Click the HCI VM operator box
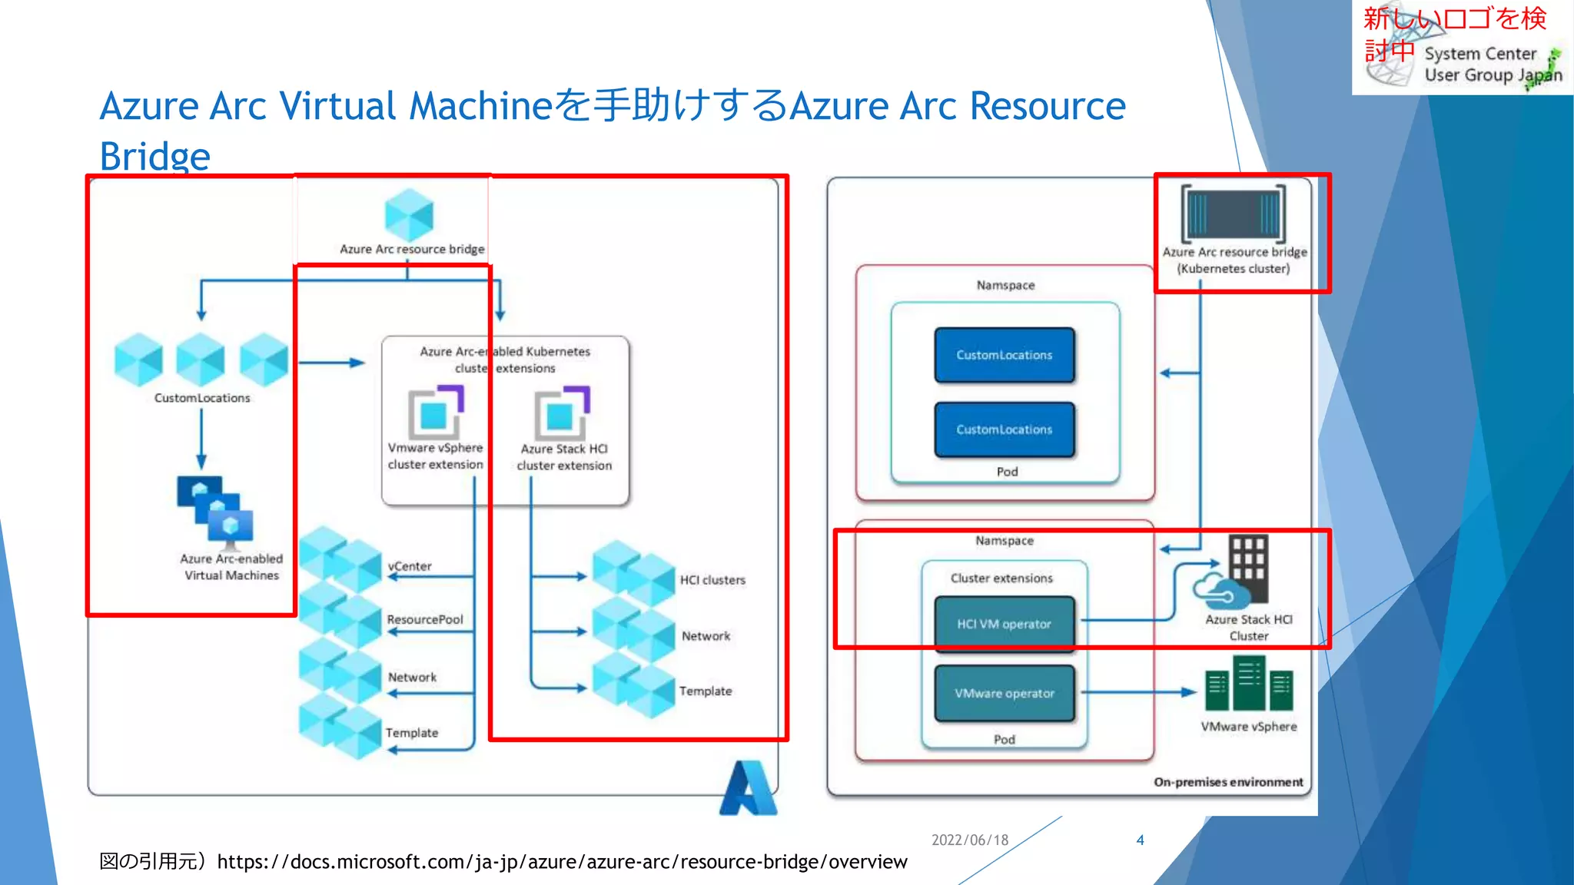pos(1005,623)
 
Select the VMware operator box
pos(1005,693)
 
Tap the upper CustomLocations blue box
pos(1005,355)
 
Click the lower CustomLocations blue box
pos(1005,429)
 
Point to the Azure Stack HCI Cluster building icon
pos(1247,569)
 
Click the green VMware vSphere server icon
pos(1249,683)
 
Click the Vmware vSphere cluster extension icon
pos(436,412)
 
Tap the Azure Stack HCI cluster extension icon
pos(562,413)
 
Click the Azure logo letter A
pos(748,788)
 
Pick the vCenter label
pos(410,566)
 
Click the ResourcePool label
pos(425,619)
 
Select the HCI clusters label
pos(712,580)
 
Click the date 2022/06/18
pos(970,840)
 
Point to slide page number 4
pos(1140,840)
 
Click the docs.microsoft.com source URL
pos(562,862)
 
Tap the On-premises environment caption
pos(1228,782)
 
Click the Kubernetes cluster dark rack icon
pos(1234,214)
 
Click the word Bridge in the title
pos(154,157)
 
